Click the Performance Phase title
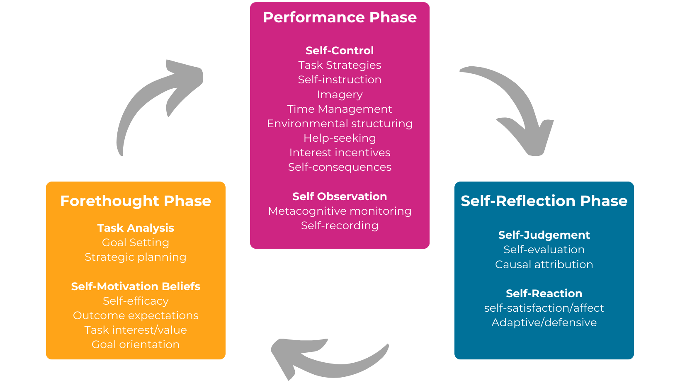[x=340, y=17]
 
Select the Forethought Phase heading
[x=136, y=201]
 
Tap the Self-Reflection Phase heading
[x=544, y=201]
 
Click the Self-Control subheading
[x=340, y=51]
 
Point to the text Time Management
[x=340, y=109]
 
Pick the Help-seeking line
[x=340, y=138]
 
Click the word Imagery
[x=340, y=95]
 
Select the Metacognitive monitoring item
[x=340, y=211]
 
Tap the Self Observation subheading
[x=340, y=196]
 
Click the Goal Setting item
[x=136, y=242]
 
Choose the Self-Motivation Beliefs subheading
[x=136, y=286]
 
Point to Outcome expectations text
[x=136, y=315]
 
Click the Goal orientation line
[x=136, y=344]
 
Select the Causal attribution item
[x=544, y=264]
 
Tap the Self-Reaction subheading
[x=544, y=293]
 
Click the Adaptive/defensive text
[x=544, y=322]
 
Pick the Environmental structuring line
[x=340, y=124]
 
